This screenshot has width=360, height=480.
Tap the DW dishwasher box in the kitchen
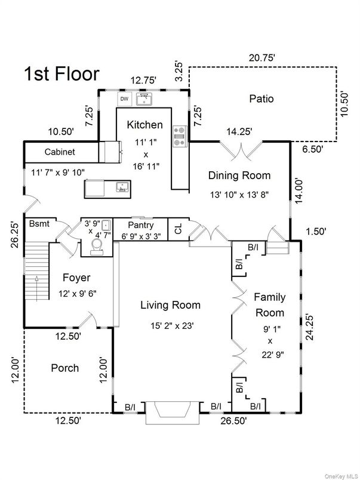click(x=124, y=99)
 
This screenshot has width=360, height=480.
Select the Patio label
click(x=261, y=99)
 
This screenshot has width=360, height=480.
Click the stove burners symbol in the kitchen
click(x=179, y=136)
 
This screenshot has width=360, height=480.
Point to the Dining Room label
click(x=239, y=176)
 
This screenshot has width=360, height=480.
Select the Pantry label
click(x=141, y=226)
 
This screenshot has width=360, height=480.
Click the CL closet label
click(x=178, y=229)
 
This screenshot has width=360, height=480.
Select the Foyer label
click(x=76, y=278)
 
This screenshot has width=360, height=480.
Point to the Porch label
click(x=64, y=368)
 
